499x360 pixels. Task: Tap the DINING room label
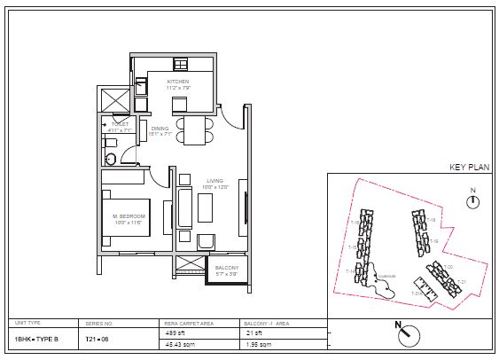coord(160,130)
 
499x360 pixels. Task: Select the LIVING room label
coord(215,184)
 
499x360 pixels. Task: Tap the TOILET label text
coord(120,125)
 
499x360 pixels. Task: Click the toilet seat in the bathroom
coord(111,158)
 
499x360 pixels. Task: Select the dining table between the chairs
coord(194,131)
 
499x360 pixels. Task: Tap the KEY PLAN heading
coord(464,167)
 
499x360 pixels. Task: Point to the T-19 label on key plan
coord(433,240)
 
